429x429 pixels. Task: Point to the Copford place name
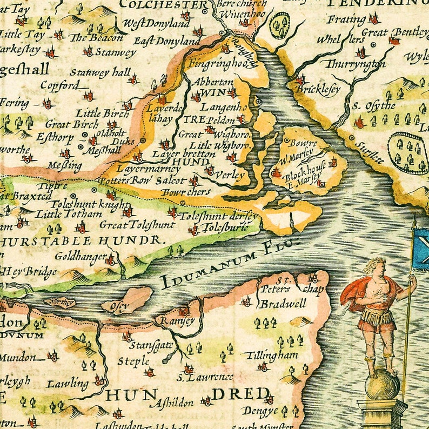56,85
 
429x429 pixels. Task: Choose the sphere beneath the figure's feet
382,386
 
